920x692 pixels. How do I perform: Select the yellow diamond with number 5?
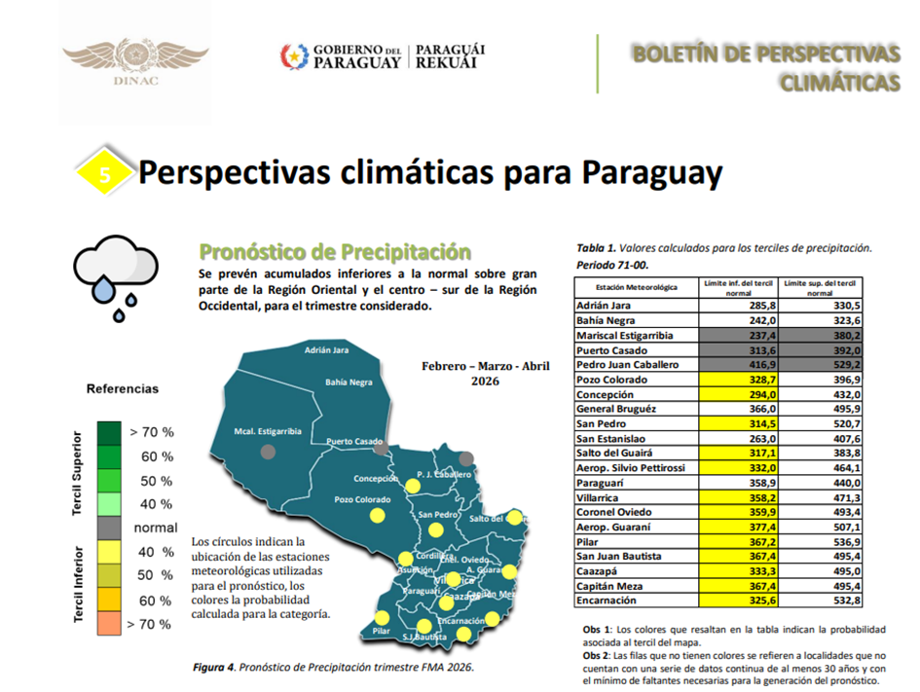[105, 174]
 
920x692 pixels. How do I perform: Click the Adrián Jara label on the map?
[326, 349]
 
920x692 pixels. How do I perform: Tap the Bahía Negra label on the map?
[349, 382]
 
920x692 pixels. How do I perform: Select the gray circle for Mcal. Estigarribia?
[268, 451]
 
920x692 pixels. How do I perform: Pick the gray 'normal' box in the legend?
[109, 528]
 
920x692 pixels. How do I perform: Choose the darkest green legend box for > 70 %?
[109, 432]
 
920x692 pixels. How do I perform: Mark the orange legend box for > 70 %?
[109, 624]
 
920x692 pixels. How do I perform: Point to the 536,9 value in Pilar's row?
[820, 542]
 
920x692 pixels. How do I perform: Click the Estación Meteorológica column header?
[636, 288]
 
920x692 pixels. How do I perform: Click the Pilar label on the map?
[381, 632]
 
